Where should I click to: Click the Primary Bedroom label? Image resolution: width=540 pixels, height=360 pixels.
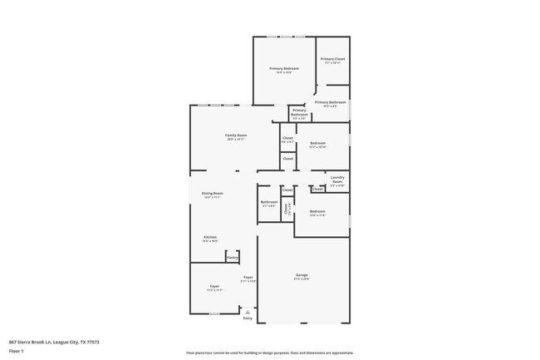[x=284, y=68]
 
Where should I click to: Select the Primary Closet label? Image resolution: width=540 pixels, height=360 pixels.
[x=332, y=59]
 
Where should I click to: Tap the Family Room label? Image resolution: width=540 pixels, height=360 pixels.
[x=236, y=135]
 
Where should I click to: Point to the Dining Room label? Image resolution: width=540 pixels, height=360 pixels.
[x=212, y=193]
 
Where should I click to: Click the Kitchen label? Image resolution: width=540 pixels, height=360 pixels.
[x=210, y=237]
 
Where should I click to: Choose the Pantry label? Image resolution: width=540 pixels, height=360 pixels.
[x=233, y=258]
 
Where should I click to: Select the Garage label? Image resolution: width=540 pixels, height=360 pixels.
[x=302, y=274]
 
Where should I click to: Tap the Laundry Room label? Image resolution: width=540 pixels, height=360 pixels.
[x=337, y=179]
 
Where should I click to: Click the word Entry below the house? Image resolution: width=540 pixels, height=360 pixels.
[x=248, y=318]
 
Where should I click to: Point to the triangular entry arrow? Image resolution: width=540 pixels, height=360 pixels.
[x=247, y=312]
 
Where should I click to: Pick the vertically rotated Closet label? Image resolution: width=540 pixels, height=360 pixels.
[x=287, y=210]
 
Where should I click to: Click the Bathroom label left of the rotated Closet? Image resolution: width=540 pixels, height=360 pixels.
[x=269, y=202]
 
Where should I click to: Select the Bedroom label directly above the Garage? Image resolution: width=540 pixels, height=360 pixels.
[x=317, y=211]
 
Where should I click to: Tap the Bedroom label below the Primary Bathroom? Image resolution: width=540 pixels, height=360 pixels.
[x=317, y=142]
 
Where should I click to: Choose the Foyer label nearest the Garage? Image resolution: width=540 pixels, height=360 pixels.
[x=248, y=277]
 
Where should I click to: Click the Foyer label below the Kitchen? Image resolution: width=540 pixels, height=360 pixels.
[x=214, y=286]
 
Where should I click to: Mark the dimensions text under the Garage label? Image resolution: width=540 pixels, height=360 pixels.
[x=302, y=279]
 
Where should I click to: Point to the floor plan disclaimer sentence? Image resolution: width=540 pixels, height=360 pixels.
[x=269, y=353]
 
